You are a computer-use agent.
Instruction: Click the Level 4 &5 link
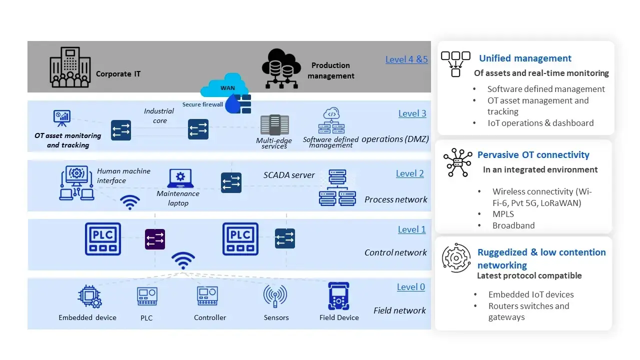tap(406, 59)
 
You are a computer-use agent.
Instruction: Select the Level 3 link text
tap(412, 113)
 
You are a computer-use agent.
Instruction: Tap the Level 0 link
tap(410, 287)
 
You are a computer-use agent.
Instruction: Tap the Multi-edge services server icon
tap(274, 125)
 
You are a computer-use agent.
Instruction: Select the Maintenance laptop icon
tap(180, 178)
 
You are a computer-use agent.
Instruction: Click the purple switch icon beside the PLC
tap(154, 239)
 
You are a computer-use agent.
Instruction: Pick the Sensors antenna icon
tap(275, 296)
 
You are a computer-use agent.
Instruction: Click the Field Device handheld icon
tap(338, 296)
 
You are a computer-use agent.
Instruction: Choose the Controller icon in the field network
tap(207, 296)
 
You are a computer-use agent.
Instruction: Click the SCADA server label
tap(289, 175)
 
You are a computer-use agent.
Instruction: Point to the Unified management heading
tap(525, 58)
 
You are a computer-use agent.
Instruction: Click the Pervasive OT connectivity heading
tap(533, 155)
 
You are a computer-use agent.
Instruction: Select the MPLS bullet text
tap(503, 214)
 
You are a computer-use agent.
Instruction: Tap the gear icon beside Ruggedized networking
tap(456, 258)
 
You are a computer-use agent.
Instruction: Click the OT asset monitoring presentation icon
tap(62, 118)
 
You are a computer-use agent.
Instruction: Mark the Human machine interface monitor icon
tap(76, 182)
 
